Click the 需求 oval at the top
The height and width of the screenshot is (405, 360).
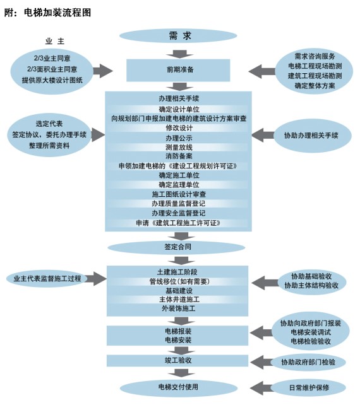pyautogui.click(x=178, y=36)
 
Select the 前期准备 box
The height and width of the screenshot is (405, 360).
pyautogui.click(x=178, y=70)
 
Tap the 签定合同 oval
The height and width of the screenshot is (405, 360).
pyautogui.click(x=176, y=247)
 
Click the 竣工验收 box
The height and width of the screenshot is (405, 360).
pyautogui.click(x=177, y=360)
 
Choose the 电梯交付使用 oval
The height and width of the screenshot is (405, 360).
pyautogui.click(x=179, y=387)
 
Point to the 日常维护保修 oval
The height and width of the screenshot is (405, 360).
pyautogui.click(x=309, y=388)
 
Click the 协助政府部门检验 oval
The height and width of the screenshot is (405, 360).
pyautogui.click(x=308, y=362)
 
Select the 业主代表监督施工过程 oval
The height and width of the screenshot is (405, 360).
pyautogui.click(x=47, y=278)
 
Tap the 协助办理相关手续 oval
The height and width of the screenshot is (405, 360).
pyautogui.click(x=311, y=136)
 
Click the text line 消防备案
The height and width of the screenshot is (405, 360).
pyautogui.click(x=179, y=156)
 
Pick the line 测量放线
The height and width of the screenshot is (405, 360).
pyautogui.click(x=179, y=147)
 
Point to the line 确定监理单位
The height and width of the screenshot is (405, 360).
pyautogui.click(x=179, y=185)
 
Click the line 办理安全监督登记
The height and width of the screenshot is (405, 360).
pyautogui.click(x=179, y=213)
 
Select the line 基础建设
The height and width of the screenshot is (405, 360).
pyautogui.click(x=179, y=291)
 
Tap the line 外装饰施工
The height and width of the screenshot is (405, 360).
pyautogui.click(x=179, y=308)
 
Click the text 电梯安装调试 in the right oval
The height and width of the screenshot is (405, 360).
pyautogui.click(x=311, y=332)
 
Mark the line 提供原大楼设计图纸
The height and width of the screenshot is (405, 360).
pyautogui.click(x=52, y=80)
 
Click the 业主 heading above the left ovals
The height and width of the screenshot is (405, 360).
pyautogui.click(x=55, y=41)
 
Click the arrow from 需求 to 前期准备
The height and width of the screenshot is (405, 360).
pyautogui.click(x=179, y=54)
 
